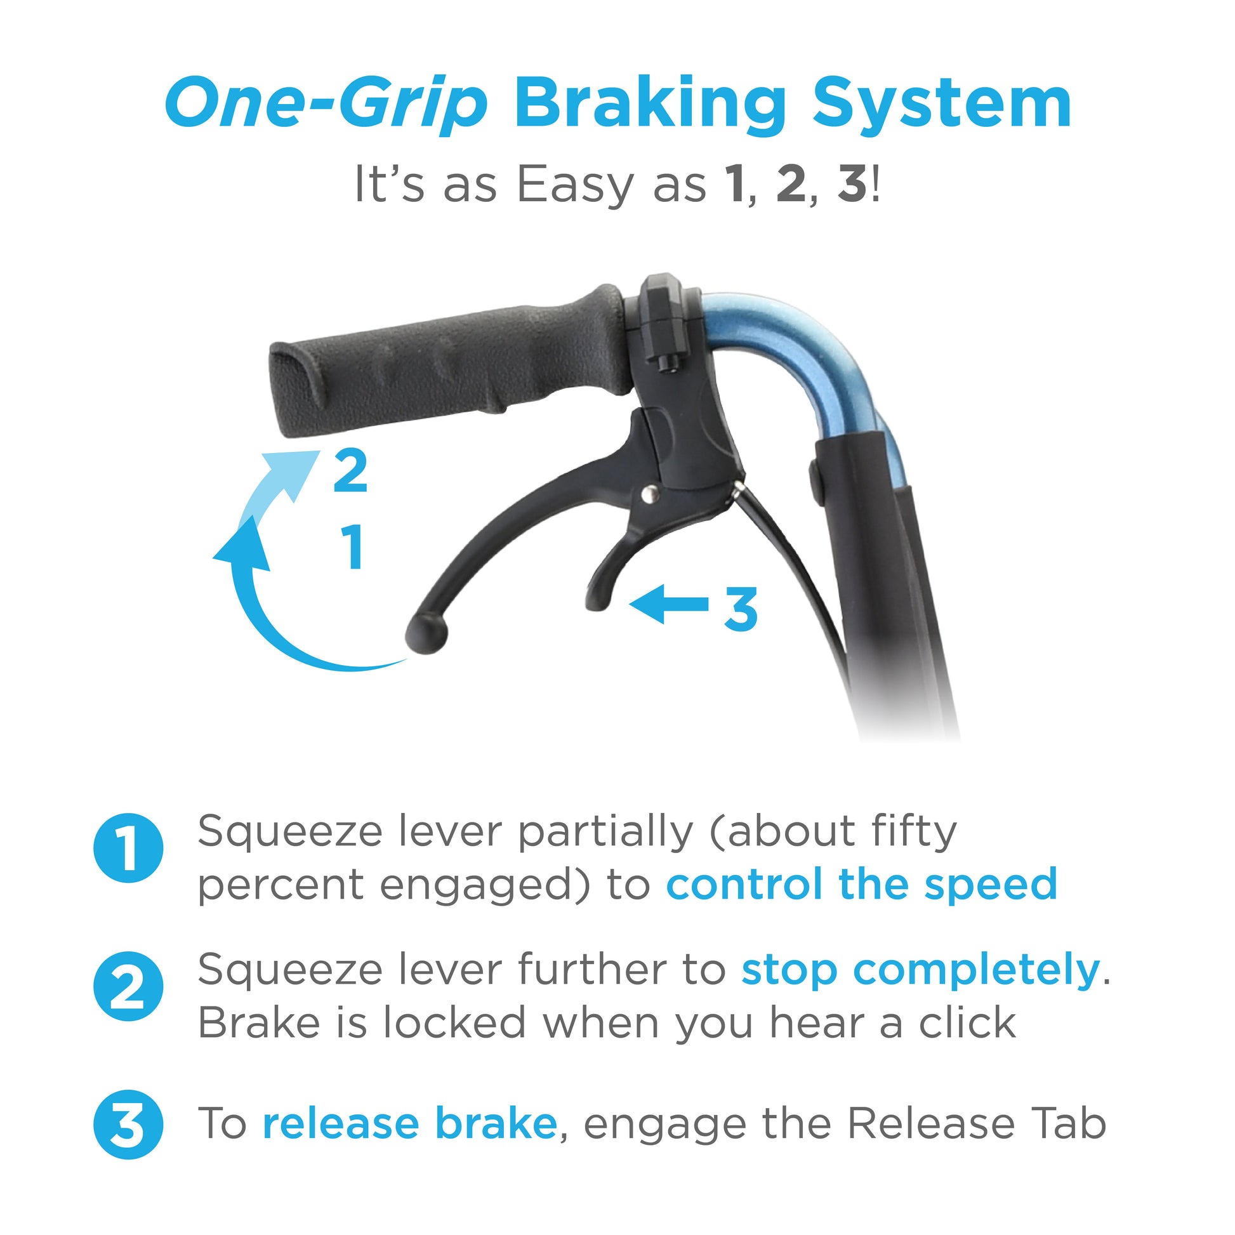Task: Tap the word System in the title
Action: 942,102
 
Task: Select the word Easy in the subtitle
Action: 575,185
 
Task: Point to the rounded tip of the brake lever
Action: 426,633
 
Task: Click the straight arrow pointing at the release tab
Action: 669,604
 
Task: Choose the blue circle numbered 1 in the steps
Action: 128,849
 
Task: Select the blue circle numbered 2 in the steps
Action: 128,986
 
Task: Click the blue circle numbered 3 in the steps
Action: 128,1125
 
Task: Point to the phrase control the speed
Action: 862,884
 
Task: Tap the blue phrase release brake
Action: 410,1123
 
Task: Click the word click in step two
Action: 967,1024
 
